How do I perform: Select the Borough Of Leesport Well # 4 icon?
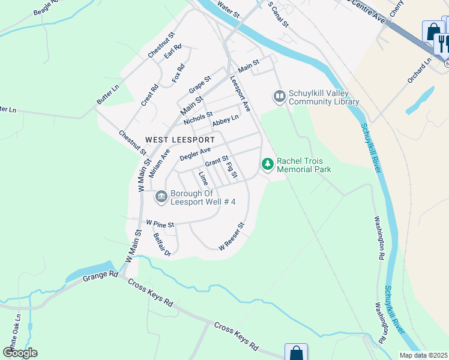[161, 197]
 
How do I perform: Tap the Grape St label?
[200, 84]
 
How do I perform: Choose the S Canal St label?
[278, 14]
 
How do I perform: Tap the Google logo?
[20, 353]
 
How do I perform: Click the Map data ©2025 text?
[423, 355]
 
